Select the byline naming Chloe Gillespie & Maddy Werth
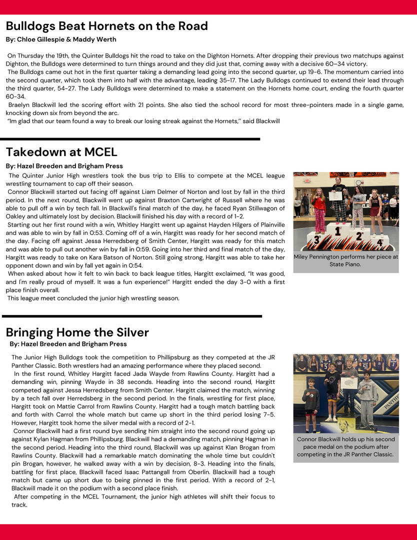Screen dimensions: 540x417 click(x=61, y=39)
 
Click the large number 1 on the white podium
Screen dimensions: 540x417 click(x=337, y=231)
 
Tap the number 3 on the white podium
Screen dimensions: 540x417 click(x=316, y=239)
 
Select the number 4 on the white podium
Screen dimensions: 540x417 click(x=379, y=242)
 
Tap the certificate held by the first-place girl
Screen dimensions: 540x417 click(x=336, y=195)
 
